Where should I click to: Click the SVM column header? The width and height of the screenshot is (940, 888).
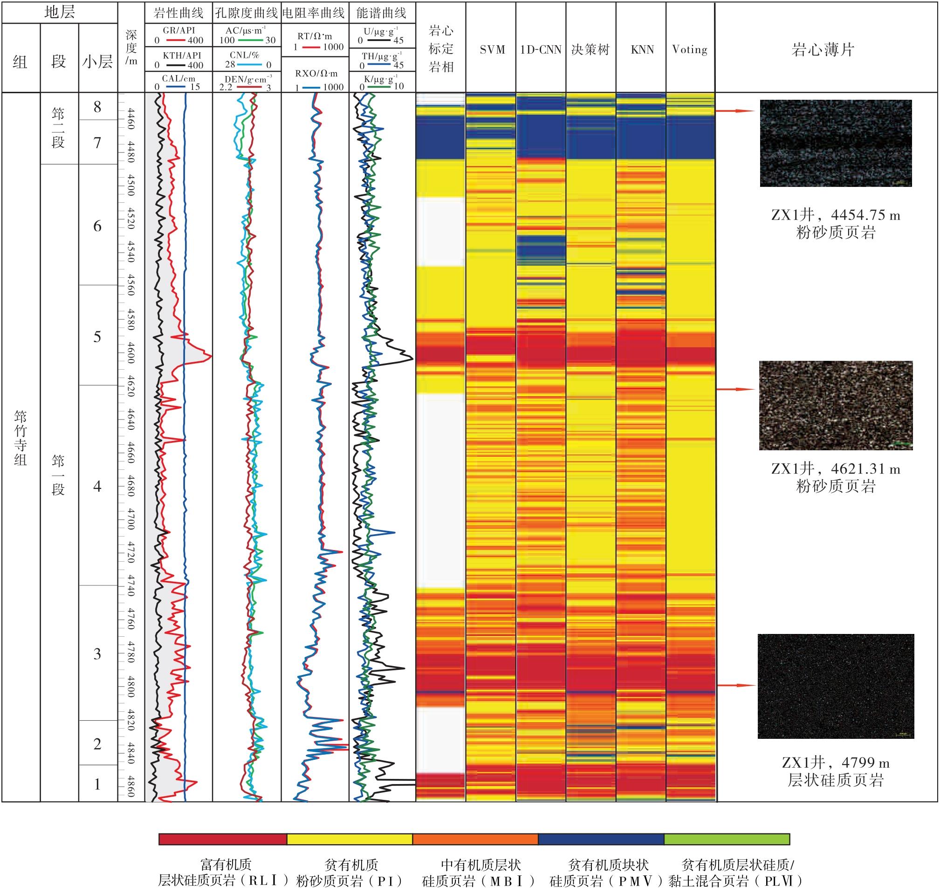coord(492,50)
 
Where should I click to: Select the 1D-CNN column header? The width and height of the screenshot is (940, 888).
coord(541,50)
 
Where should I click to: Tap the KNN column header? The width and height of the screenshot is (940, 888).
coord(642,50)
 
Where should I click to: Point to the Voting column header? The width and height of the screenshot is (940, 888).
coord(690,50)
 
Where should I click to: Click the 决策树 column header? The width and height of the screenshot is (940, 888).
coord(590,50)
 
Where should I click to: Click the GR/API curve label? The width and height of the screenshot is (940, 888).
coord(178,30)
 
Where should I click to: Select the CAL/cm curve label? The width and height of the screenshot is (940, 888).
coord(178,79)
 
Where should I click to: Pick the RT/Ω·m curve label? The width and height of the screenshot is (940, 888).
coord(315,36)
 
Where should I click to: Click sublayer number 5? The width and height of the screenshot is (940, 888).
coord(97,337)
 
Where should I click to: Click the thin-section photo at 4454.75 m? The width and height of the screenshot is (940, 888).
coord(836,143)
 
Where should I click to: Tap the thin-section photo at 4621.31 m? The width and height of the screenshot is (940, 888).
coord(836,405)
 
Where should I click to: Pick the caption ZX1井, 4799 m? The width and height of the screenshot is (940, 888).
coord(836,763)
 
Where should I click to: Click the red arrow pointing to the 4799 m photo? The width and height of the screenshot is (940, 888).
coord(736,685)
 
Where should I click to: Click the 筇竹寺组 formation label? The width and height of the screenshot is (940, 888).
coord(21,438)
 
